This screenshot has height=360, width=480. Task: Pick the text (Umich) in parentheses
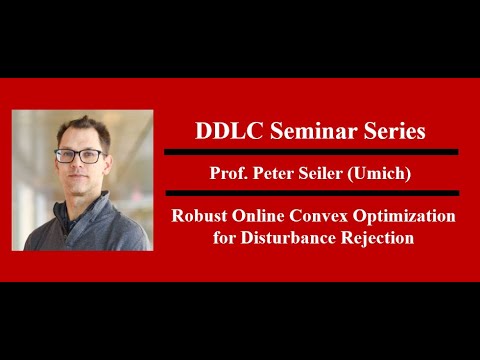tap(378, 171)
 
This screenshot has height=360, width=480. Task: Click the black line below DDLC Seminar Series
tap(310, 152)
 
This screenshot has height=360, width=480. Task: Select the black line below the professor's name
tap(310, 192)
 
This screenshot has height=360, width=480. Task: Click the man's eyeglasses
tap(79, 155)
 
